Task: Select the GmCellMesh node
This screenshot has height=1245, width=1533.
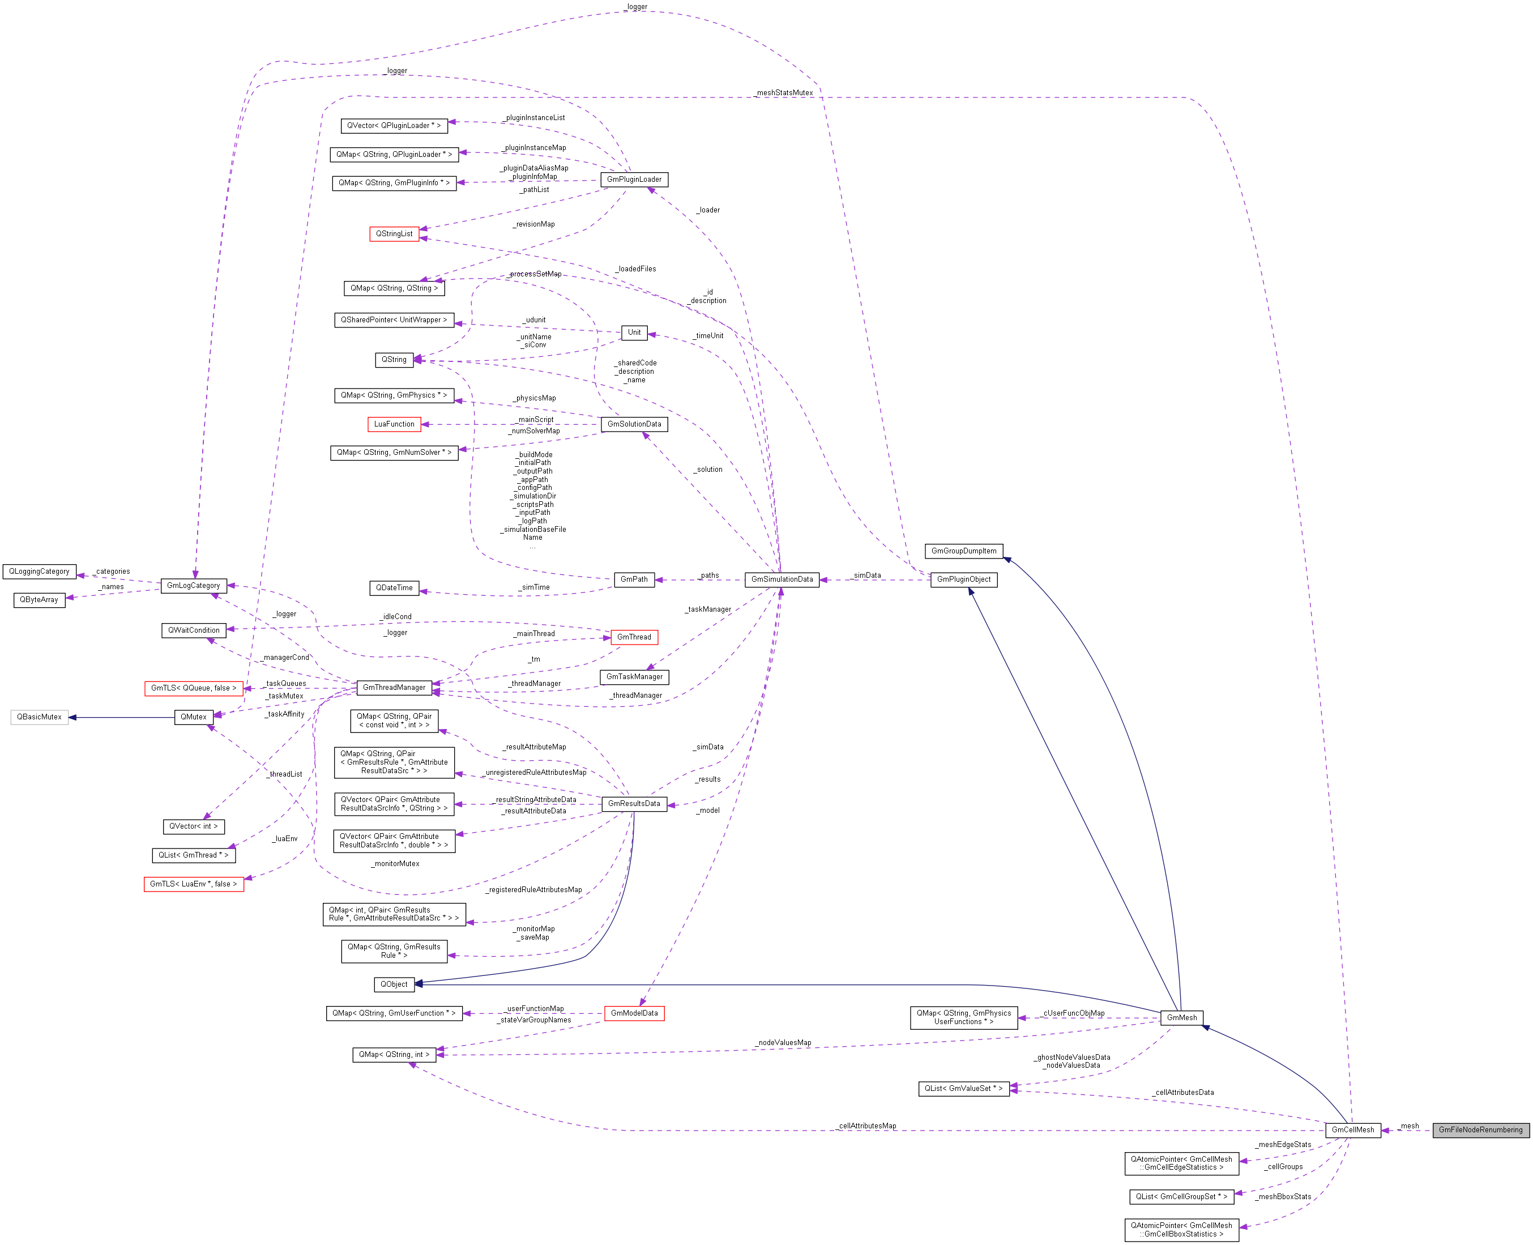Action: coord(1352,1129)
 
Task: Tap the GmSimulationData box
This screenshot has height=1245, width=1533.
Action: coord(782,579)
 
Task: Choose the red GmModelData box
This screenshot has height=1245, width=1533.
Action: coord(634,1013)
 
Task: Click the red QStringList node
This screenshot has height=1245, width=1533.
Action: coord(394,234)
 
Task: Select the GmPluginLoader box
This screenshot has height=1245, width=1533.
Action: coord(634,180)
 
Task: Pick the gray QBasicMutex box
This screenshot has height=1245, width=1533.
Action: coord(40,717)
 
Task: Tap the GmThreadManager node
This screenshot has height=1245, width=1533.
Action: coord(394,687)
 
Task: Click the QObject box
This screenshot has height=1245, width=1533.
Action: coord(394,984)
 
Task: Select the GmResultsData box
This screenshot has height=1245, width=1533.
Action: coord(634,803)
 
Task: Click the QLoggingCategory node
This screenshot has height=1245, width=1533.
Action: coord(40,571)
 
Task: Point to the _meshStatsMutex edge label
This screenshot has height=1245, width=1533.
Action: coord(784,92)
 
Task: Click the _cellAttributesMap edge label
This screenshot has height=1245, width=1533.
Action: coord(867,1125)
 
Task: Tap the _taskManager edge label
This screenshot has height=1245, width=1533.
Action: coord(708,609)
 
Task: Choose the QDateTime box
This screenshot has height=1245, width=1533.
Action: coord(394,587)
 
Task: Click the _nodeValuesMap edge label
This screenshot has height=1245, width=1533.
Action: coord(784,1042)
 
